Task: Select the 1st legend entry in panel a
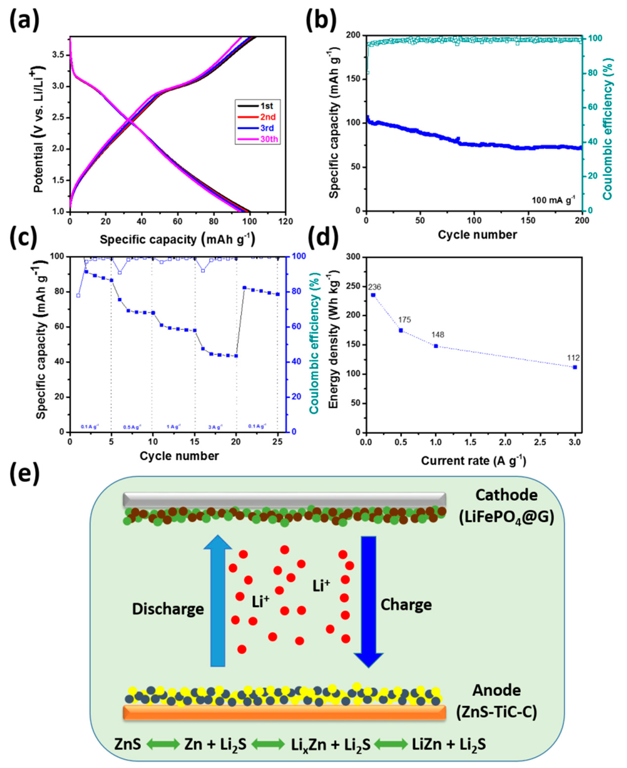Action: point(266,106)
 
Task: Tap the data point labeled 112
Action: point(575,367)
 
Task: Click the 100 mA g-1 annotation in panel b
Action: point(553,200)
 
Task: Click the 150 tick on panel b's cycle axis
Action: point(528,220)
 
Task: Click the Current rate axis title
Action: point(473,461)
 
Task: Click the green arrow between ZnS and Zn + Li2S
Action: point(163,744)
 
